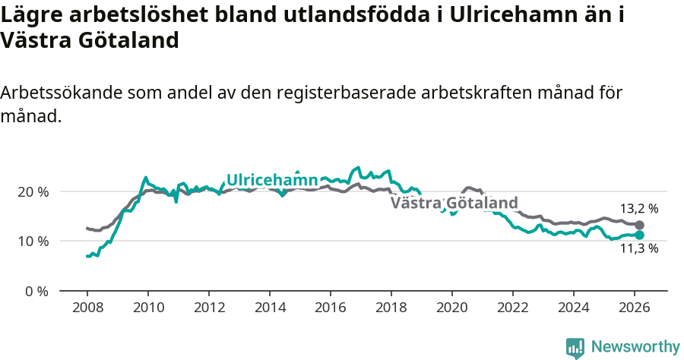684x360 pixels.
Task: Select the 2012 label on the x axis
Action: [x=208, y=309]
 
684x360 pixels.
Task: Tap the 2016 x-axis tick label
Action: [x=330, y=309]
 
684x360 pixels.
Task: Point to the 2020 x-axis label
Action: [x=451, y=309]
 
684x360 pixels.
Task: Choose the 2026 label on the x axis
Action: [x=634, y=309]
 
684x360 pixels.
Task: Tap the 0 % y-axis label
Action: [x=37, y=291]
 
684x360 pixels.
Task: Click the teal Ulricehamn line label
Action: [x=272, y=180]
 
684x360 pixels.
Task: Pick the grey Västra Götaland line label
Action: [x=454, y=203]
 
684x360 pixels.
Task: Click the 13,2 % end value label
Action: [x=638, y=208]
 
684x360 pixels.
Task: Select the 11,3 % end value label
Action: [x=638, y=248]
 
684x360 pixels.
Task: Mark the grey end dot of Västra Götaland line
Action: [x=639, y=225]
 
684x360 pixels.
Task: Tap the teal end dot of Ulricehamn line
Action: [x=639, y=235]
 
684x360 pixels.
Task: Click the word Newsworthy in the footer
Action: [x=635, y=347]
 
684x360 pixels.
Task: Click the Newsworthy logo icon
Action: [x=575, y=348]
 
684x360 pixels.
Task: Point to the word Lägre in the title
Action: [x=27, y=15]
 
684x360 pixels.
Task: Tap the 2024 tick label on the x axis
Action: [x=573, y=309]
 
